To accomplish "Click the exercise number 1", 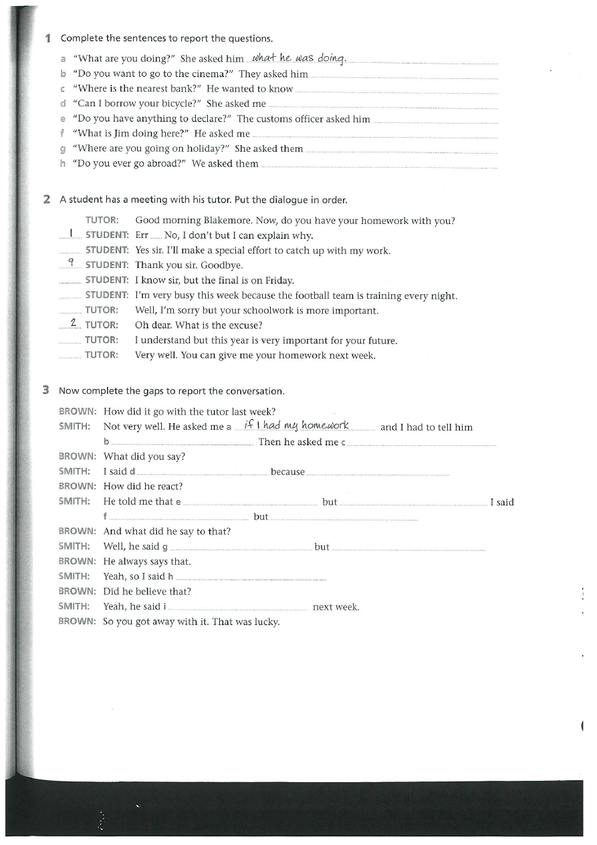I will pos(47,38).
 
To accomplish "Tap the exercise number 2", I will pos(47,199).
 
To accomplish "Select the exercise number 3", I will pos(45,390).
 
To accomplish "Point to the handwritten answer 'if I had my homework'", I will pos(297,425).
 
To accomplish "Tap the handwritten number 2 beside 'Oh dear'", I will pos(74,324).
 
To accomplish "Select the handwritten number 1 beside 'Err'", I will pos(70,234).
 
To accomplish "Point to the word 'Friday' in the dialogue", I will pos(279,281).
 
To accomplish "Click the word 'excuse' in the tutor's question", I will pos(246,326).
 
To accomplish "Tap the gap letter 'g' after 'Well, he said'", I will pos(164,548).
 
